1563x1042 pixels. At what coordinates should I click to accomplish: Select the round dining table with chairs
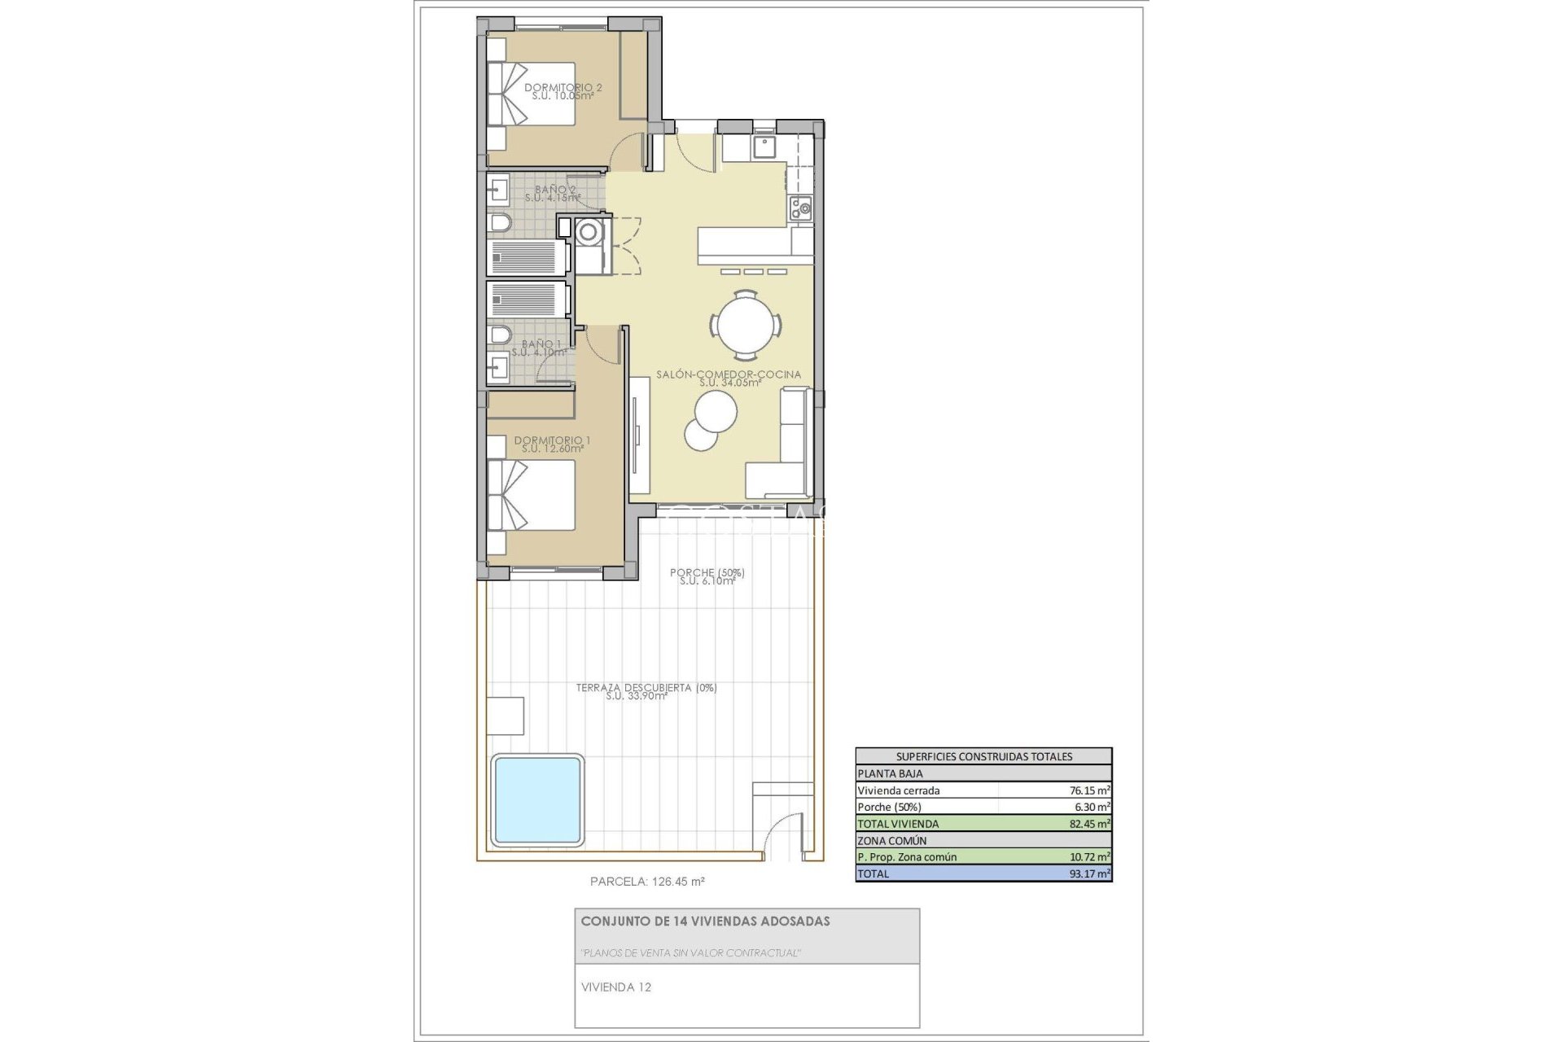(x=746, y=325)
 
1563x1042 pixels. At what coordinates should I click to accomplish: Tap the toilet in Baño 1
(x=499, y=335)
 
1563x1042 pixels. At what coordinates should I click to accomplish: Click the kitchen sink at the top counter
(x=764, y=147)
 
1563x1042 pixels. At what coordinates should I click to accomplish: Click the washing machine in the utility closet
(x=587, y=232)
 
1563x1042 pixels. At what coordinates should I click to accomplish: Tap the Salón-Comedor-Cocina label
(x=729, y=378)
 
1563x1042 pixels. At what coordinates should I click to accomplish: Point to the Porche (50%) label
(x=707, y=576)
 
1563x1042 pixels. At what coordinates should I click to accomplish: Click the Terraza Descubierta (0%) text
(x=646, y=691)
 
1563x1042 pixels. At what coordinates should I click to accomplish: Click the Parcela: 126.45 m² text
(x=646, y=881)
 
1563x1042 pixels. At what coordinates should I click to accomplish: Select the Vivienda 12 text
(x=616, y=987)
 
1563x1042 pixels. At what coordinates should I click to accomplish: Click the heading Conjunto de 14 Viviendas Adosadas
(x=705, y=922)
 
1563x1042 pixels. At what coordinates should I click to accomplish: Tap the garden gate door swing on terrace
(x=781, y=834)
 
